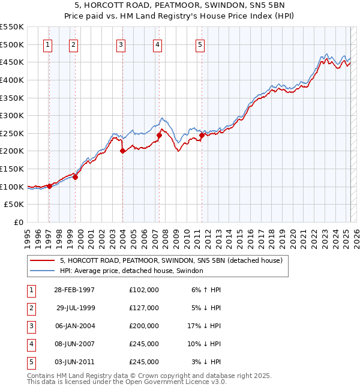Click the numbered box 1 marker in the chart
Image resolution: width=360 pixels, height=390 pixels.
[x=47, y=44]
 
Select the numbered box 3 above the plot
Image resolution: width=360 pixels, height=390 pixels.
[x=121, y=44]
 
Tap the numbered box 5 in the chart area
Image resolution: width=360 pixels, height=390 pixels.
[x=200, y=44]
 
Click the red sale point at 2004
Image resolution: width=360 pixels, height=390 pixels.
[x=122, y=151]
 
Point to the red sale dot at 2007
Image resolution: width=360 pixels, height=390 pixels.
[x=159, y=136]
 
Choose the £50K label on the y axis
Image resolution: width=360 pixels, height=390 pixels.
[x=14, y=205]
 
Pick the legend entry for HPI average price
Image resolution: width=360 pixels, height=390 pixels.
[x=131, y=271]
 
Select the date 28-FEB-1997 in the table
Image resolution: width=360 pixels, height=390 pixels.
[x=74, y=290]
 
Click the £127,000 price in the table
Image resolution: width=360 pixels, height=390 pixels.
[x=144, y=308]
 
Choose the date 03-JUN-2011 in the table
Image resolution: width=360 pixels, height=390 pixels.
[x=74, y=362]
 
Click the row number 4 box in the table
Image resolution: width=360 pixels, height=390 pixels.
[x=29, y=344]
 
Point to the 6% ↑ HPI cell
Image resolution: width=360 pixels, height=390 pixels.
[x=206, y=290]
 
